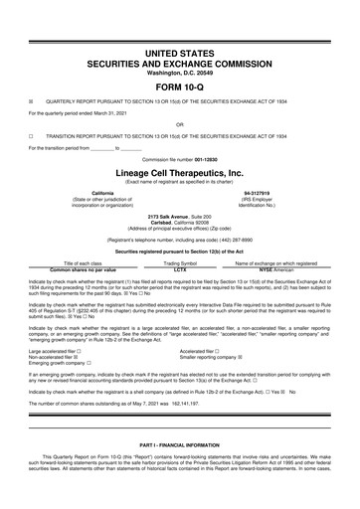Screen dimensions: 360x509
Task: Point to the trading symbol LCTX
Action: coord(180,269)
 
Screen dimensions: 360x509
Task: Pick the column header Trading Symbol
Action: coord(180,262)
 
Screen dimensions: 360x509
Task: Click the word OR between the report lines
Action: coord(180,124)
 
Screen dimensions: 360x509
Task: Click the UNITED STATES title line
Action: coord(180,49)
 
